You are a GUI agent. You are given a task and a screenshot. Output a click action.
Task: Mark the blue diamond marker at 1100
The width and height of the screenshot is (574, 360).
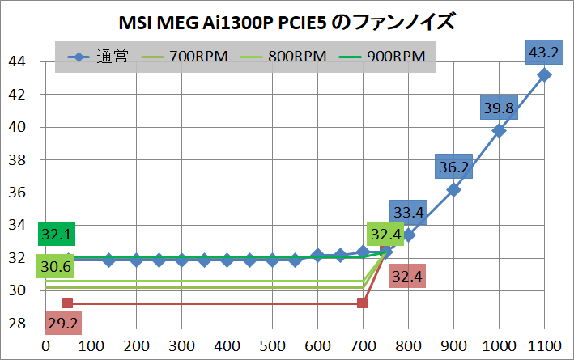tap(544, 74)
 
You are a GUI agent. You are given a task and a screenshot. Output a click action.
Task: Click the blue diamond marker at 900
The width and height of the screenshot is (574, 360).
tap(453, 189)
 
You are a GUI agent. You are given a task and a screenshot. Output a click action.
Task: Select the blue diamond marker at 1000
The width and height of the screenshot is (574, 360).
tap(499, 130)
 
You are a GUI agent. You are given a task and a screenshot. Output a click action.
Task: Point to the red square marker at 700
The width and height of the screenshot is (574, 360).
tap(363, 303)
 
